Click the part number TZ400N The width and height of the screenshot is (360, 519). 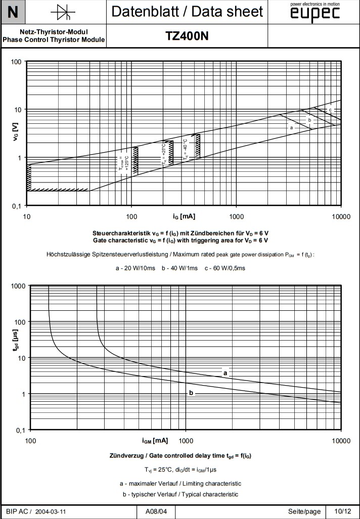tap(187, 36)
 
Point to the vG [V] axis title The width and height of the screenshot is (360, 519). tap(16, 132)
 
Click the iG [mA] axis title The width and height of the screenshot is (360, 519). tap(184, 216)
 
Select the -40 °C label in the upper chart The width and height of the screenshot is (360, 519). tap(186, 149)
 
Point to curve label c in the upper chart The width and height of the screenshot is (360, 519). tap(330, 110)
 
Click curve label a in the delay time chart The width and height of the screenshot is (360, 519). tap(226, 373)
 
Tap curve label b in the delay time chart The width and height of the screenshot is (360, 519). tap(191, 393)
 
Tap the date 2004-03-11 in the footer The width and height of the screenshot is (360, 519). tap(51, 511)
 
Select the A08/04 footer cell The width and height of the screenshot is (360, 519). tap(156, 511)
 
